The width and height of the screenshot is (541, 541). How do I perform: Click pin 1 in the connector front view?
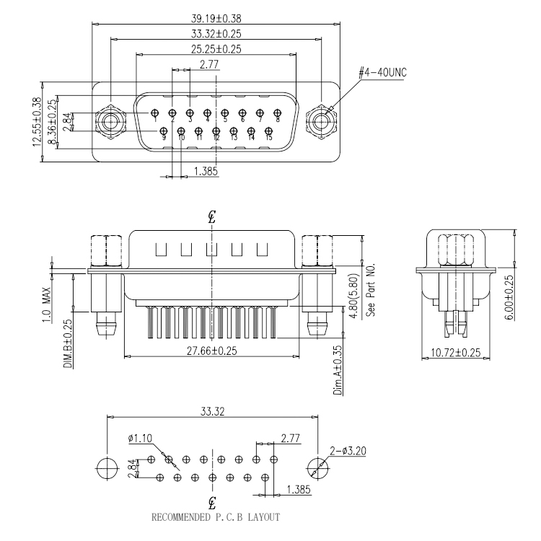(x=155, y=113)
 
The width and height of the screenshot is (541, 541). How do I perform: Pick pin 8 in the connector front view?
(x=277, y=113)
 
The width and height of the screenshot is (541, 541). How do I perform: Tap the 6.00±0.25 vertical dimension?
(x=510, y=291)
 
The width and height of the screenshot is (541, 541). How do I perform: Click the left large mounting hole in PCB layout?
(x=106, y=467)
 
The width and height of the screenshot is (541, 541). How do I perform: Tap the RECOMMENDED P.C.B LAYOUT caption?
(x=215, y=517)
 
